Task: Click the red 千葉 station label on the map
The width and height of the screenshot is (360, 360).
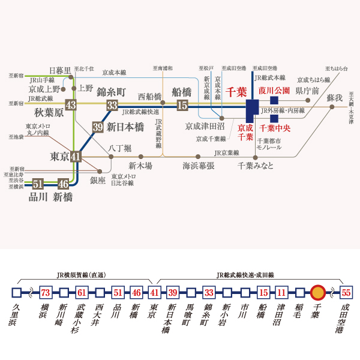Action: coord(236,92)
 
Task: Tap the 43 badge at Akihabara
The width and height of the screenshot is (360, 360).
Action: coord(71,105)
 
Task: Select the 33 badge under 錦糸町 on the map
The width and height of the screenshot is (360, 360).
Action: coord(112,105)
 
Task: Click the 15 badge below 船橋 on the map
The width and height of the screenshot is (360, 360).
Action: coord(183,105)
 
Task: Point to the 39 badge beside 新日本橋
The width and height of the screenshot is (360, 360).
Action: coord(98,127)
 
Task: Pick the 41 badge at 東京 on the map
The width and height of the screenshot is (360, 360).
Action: coord(75,157)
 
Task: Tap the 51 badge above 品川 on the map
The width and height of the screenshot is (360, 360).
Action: coord(38,184)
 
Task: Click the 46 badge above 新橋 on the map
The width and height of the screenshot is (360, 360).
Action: coord(63,184)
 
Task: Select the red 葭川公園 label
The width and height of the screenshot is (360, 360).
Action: coord(274,91)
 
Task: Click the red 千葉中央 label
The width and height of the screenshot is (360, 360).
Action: coord(275,128)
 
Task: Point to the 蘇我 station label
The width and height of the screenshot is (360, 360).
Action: coord(334,97)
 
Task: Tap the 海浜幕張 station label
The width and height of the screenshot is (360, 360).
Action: coord(199,166)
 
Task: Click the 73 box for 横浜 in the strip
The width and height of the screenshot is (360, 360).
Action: coord(45,293)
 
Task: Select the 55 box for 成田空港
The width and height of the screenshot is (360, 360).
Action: coord(346,293)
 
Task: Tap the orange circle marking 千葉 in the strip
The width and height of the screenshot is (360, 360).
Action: coord(318,293)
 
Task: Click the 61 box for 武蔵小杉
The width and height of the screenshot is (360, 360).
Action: coord(82,293)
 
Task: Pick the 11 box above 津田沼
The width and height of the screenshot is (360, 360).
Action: coord(281,293)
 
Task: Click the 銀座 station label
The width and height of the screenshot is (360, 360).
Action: coord(98,179)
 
